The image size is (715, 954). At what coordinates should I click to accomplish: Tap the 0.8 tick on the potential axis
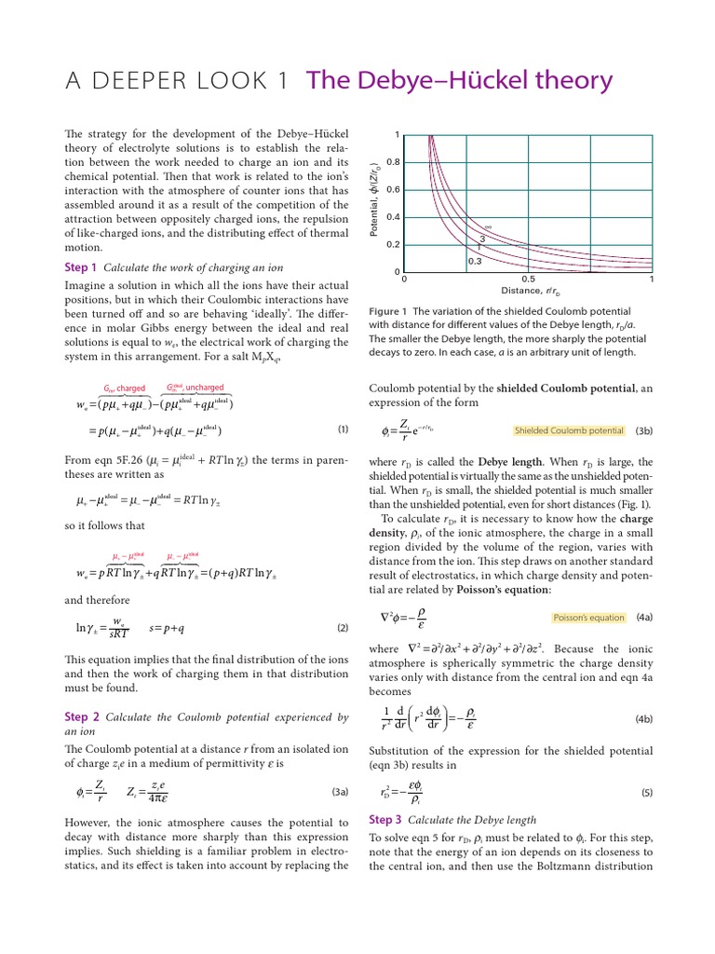[394, 162]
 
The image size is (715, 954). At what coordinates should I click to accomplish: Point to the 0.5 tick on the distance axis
[528, 279]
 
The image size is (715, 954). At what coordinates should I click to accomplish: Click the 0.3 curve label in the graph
[475, 261]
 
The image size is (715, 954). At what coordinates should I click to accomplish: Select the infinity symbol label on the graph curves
[488, 226]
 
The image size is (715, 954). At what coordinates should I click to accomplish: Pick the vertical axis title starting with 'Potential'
[374, 203]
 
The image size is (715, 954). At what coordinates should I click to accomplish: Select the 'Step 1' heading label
[80, 267]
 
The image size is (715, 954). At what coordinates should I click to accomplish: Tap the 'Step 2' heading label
[81, 717]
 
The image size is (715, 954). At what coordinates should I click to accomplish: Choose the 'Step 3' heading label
[385, 820]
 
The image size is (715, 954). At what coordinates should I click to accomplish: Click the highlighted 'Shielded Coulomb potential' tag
[569, 431]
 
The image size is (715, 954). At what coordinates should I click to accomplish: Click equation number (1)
[342, 429]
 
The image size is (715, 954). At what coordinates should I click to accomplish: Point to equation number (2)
[342, 628]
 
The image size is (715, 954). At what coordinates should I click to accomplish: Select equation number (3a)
[339, 792]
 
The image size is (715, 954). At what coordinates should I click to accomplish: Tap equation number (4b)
[644, 719]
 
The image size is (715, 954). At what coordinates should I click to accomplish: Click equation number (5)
[647, 793]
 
